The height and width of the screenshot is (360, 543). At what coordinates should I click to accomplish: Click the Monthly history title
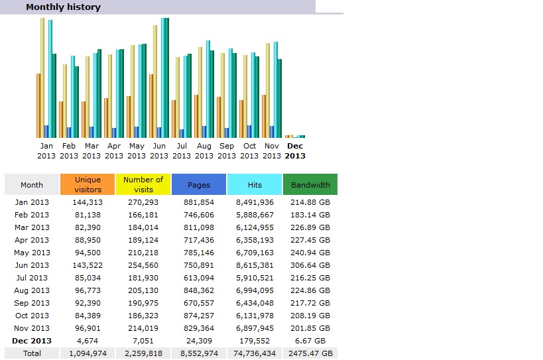pos(63,7)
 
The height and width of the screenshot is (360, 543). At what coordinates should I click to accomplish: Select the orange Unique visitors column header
pos(88,184)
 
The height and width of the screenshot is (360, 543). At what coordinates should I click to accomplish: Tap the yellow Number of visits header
pos(143,184)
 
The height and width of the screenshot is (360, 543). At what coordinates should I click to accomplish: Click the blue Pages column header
pos(199,185)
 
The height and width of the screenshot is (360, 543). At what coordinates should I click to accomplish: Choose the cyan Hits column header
pos(255,185)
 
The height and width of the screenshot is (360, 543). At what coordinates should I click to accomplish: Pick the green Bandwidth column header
pos(310,185)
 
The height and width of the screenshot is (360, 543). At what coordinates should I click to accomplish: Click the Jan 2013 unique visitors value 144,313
pos(88,202)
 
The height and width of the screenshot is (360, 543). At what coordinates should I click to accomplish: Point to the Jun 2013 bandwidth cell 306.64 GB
pos(310,265)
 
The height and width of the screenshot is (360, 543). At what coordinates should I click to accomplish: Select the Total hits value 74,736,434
pos(255,353)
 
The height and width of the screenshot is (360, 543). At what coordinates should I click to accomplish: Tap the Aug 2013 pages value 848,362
pos(199,290)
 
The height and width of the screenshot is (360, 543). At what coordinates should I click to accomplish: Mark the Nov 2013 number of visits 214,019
pos(143,328)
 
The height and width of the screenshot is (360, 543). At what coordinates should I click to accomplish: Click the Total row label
pos(31,353)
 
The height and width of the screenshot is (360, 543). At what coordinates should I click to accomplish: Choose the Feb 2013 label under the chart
pos(69,150)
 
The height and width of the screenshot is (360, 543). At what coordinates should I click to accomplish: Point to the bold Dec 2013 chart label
pos(295,150)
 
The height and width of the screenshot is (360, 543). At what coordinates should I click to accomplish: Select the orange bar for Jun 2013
pos(151,106)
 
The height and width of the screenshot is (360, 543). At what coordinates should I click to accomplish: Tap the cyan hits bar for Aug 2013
pos(208,89)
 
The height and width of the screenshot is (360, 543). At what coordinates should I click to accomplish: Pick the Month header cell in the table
pos(31,185)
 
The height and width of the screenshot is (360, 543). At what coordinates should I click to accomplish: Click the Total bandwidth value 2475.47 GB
pos(310,353)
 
